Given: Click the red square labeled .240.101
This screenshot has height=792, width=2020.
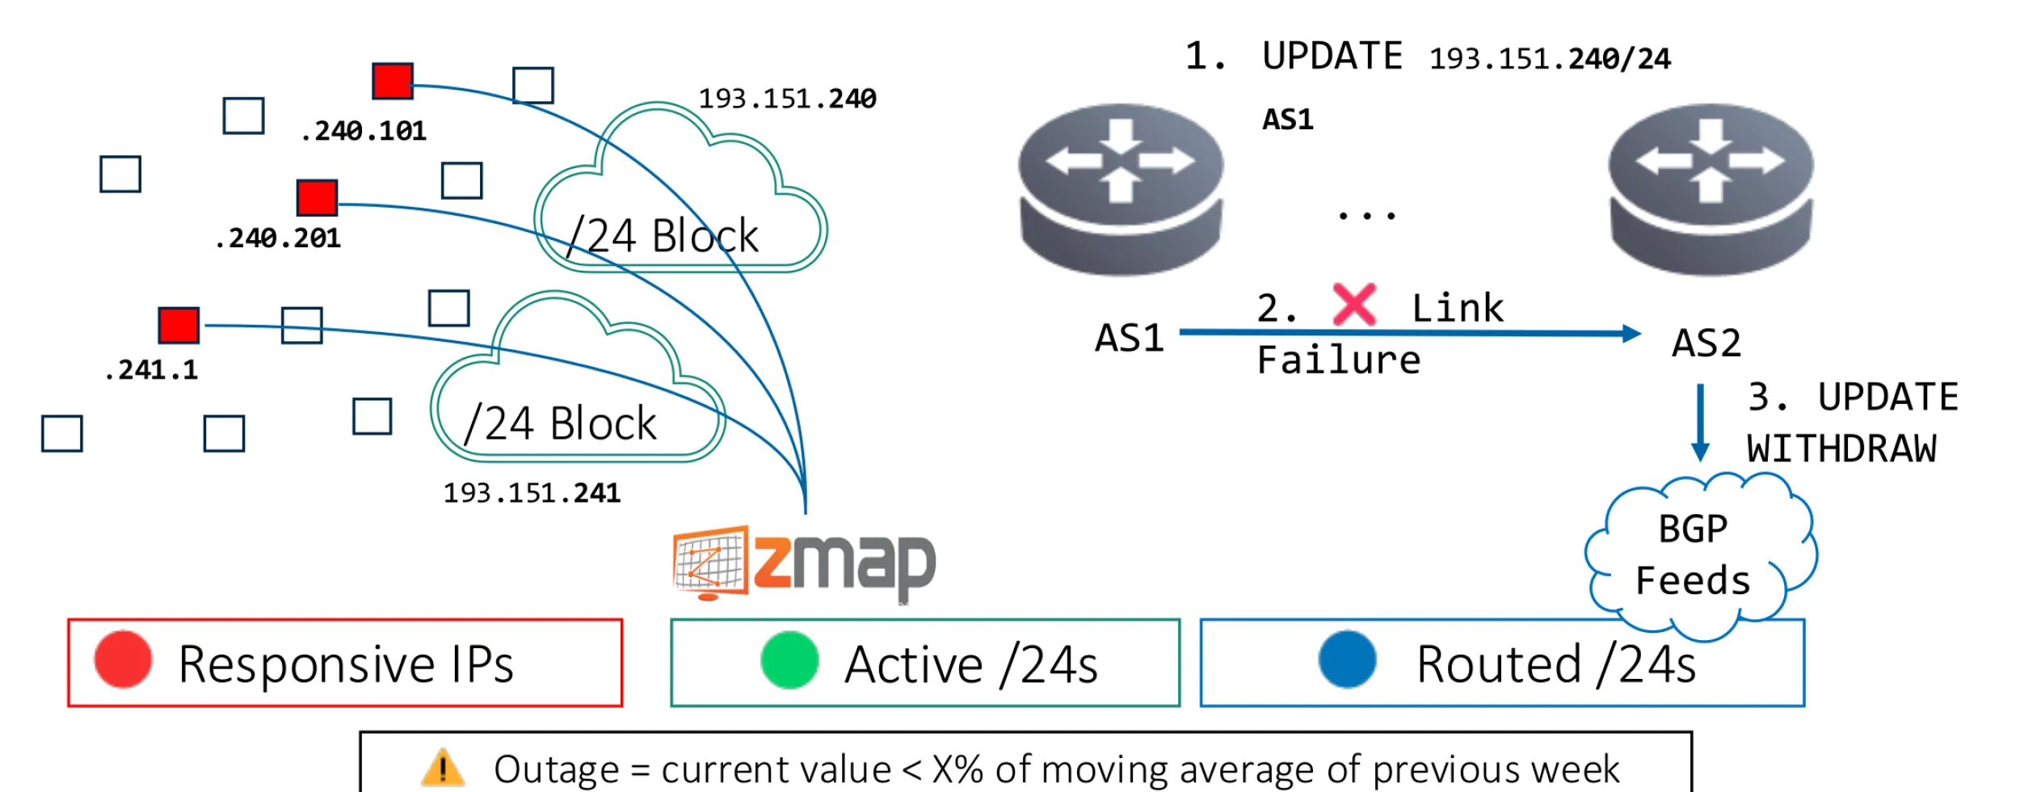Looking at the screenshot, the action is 393,81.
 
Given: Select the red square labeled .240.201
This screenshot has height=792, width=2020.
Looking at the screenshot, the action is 317,197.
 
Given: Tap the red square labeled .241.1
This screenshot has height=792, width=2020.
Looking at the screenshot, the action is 179,325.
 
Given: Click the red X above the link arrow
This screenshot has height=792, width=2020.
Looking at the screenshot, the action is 1354,305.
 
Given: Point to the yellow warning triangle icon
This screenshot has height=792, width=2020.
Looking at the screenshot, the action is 443,767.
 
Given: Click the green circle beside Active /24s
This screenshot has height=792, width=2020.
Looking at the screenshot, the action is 789,660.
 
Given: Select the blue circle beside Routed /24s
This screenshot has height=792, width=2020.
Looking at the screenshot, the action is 1347,659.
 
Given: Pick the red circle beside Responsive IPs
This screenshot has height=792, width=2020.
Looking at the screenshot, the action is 123,659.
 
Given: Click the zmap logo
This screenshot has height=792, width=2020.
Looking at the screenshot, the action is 804,563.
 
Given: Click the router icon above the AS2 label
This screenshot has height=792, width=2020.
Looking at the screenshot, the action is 1711,190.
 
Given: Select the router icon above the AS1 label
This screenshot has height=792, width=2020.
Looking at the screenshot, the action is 1121,190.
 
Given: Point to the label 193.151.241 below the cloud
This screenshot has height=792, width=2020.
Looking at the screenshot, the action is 532,493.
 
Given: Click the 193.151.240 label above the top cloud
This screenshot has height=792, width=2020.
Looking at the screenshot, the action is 787,99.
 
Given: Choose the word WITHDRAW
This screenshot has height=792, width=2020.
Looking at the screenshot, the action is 1841,449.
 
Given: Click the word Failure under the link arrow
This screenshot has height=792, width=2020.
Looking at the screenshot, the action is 1339,360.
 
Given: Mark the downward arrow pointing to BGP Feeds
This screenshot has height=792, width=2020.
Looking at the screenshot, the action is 1700,422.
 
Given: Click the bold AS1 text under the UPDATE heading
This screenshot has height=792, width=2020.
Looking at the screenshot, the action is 1288,120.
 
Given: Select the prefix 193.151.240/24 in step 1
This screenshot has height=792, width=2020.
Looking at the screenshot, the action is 1550,59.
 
